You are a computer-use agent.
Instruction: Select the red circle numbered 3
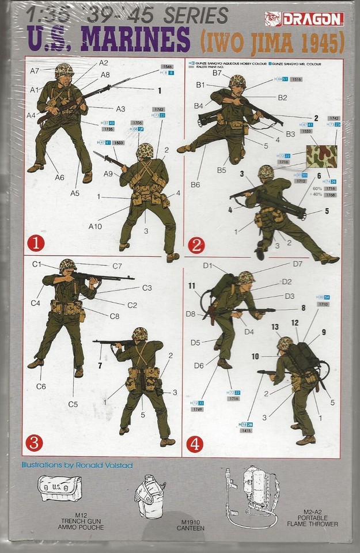pyautogui.click(x=36, y=442)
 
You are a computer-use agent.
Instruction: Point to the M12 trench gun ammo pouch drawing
pyautogui.click(x=60, y=488)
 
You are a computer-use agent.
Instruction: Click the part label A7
pyautogui.click(x=35, y=70)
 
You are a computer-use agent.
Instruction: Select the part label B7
pyautogui.click(x=217, y=73)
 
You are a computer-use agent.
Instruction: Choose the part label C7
pyautogui.click(x=117, y=266)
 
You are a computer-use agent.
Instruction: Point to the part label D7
pyautogui.click(x=297, y=264)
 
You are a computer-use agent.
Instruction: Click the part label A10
pyautogui.click(x=96, y=226)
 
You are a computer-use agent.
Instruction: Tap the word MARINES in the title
pyautogui.click(x=136, y=41)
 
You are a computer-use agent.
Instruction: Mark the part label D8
pyautogui.click(x=191, y=314)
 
